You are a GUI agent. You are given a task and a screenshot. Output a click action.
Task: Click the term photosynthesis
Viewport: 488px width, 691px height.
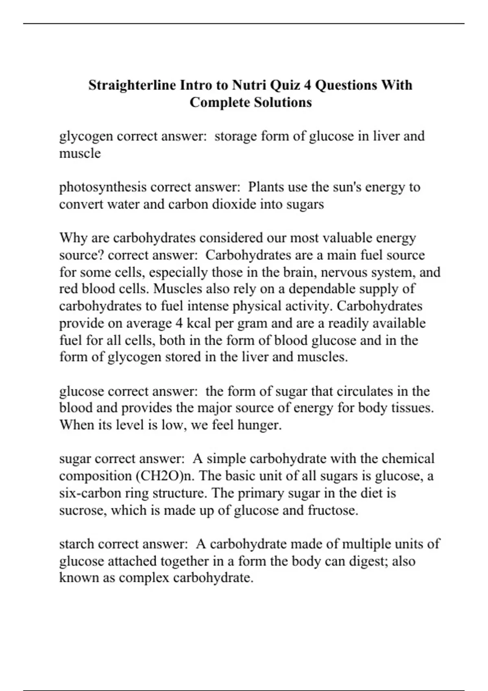pyautogui.click(x=102, y=187)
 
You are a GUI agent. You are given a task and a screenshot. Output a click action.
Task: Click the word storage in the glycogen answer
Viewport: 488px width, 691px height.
pyautogui.click(x=235, y=136)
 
